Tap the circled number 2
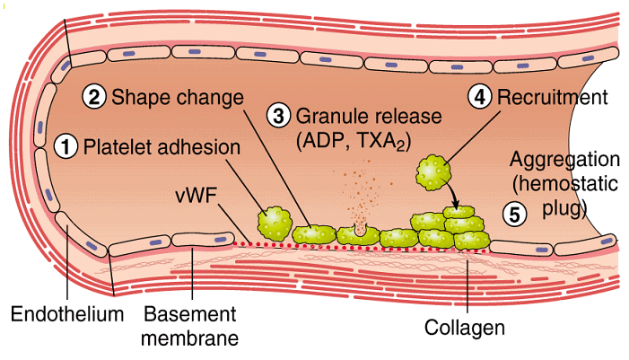pyautogui.click(x=95, y=96)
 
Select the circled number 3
pyautogui.click(x=281, y=116)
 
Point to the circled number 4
pyautogui.click(x=482, y=96)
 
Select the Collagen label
pyautogui.click(x=468, y=328)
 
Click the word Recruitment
pyautogui.click(x=552, y=95)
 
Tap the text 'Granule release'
pyautogui.click(x=356, y=117)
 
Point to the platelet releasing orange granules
pyautogui.click(x=360, y=234)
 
